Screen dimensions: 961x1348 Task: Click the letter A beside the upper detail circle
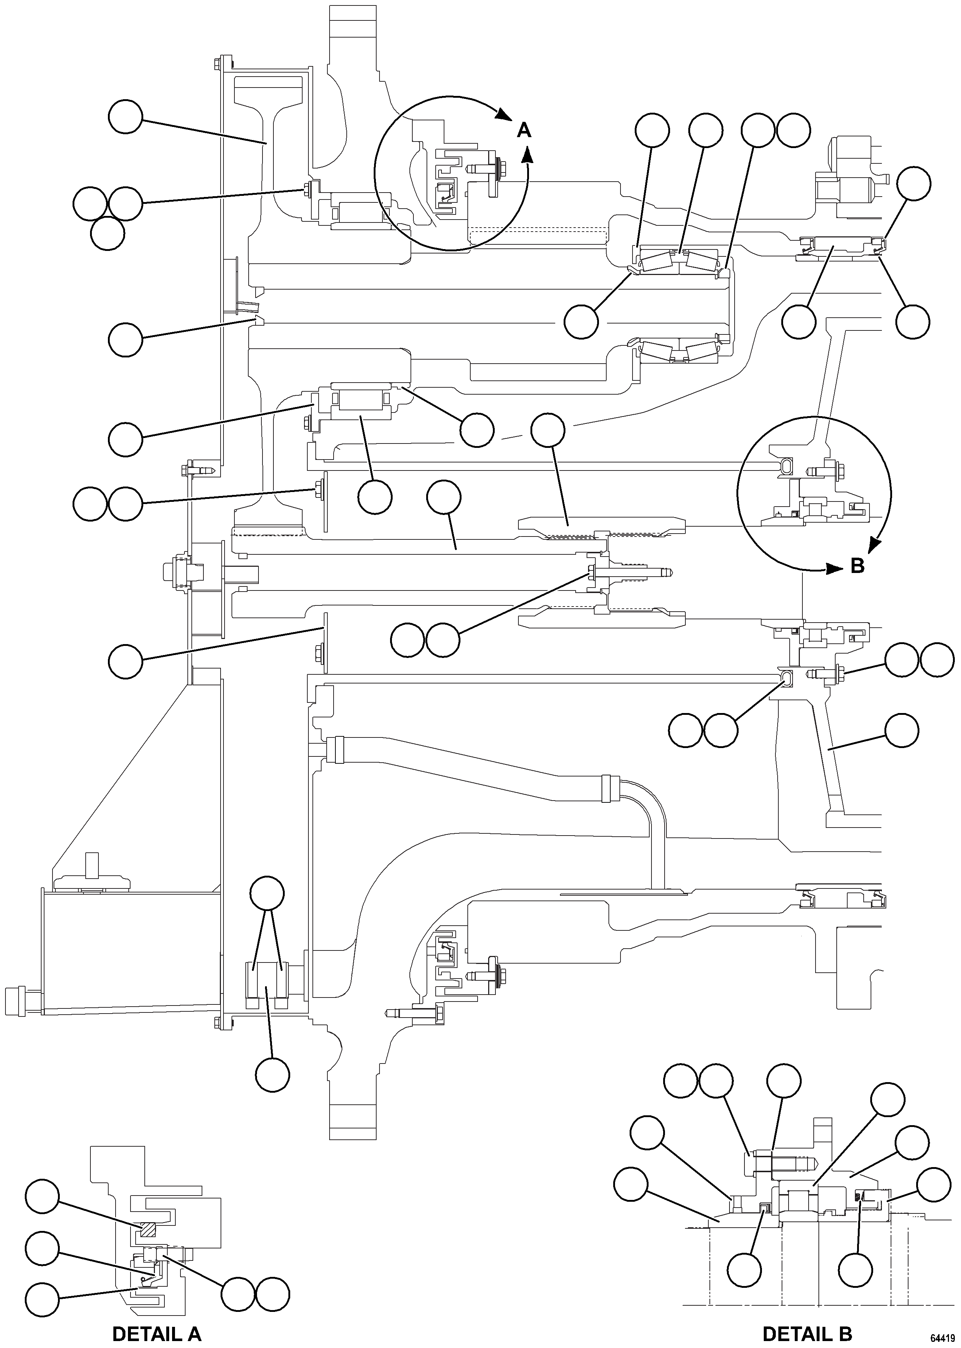pos(524,129)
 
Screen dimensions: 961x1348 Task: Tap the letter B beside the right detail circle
pos(857,566)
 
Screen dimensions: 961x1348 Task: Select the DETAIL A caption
pos(157,1317)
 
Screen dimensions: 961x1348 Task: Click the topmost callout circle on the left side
pos(125,117)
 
